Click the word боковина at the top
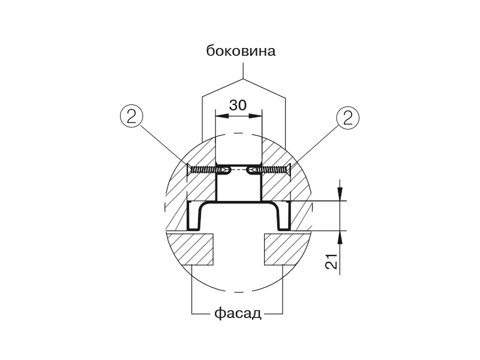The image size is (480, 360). (241, 51)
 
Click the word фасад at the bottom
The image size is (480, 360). (238, 313)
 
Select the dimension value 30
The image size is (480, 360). (238, 105)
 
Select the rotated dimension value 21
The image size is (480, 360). (331, 261)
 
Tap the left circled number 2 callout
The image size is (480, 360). (131, 116)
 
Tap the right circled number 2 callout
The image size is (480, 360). (348, 118)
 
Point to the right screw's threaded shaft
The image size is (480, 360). (274, 169)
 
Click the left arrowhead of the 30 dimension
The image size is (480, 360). (222, 116)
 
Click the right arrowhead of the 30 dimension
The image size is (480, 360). (256, 116)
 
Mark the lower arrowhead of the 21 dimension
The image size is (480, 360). (340, 237)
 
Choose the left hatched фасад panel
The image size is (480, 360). (190, 249)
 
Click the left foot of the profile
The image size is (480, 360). (193, 229)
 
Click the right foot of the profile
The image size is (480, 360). (284, 229)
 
